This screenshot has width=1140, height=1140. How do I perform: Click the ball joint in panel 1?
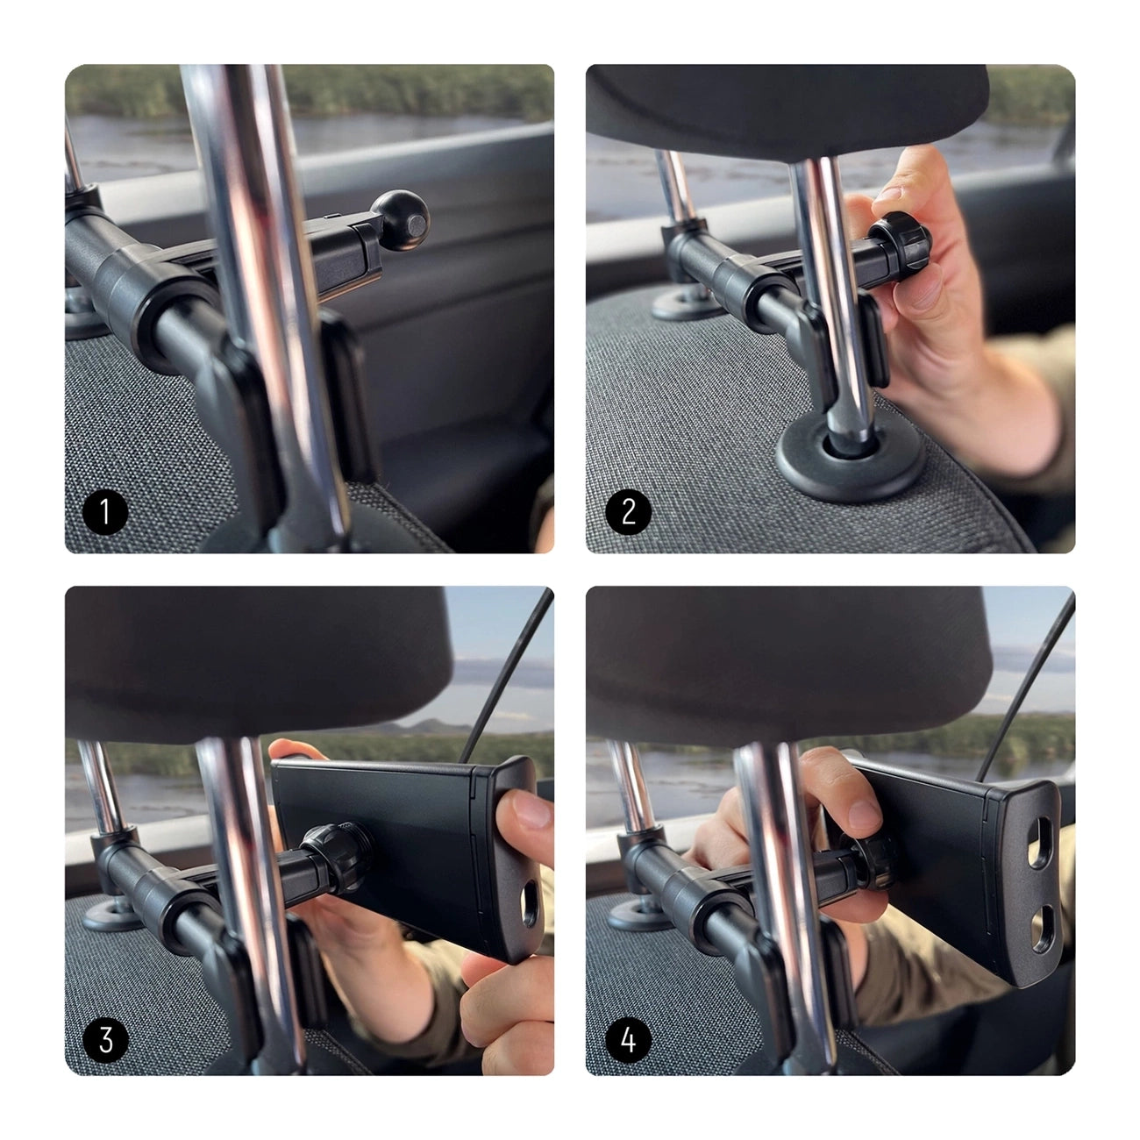399,212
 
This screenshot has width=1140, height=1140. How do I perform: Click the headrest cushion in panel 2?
789,105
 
